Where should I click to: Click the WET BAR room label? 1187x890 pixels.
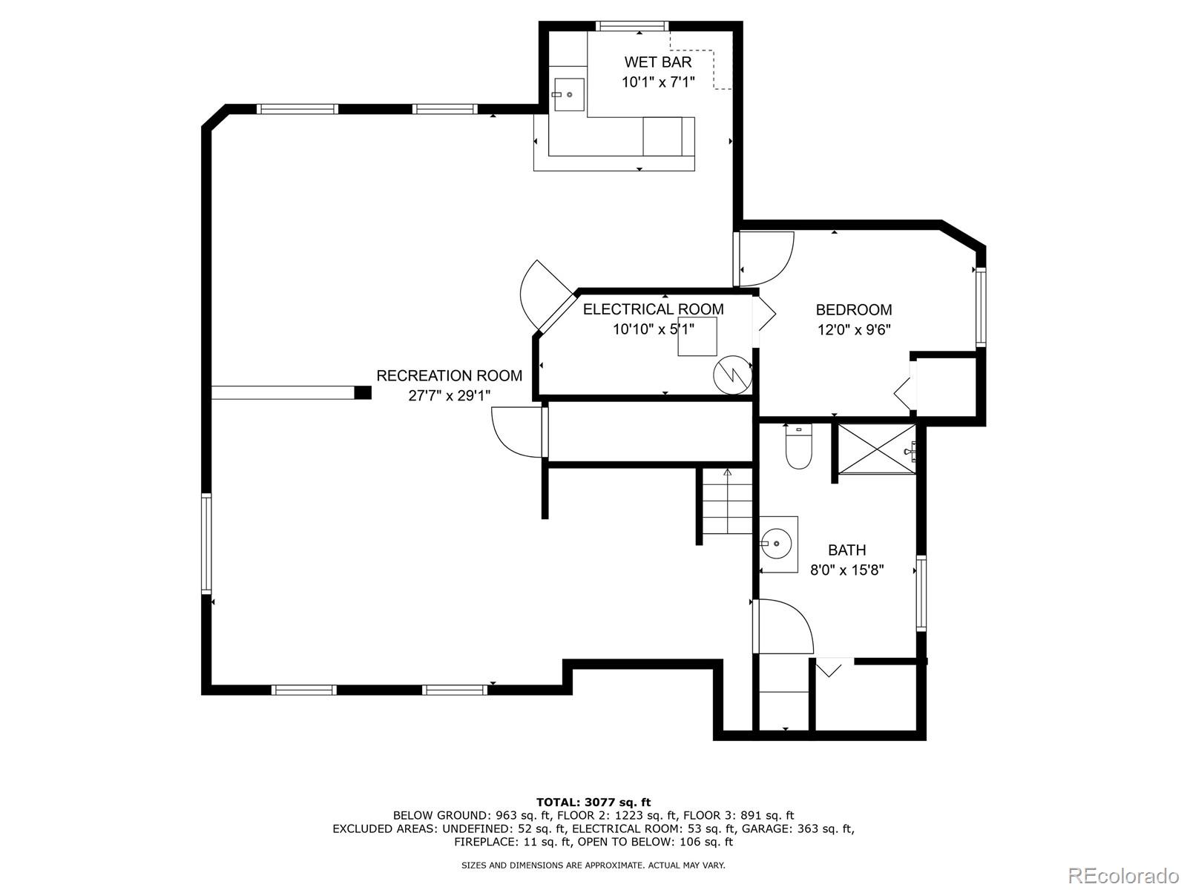657,62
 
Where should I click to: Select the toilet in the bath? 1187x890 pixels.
799,448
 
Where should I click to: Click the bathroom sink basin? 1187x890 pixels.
777,544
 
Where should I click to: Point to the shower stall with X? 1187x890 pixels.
876,449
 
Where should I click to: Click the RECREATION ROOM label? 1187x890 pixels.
449,376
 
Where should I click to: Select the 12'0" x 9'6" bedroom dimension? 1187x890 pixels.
853,330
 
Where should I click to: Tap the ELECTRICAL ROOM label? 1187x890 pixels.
653,309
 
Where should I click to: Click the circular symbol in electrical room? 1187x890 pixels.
732,375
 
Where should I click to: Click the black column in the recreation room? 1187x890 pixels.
363,392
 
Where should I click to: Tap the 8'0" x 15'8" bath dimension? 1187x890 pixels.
846,570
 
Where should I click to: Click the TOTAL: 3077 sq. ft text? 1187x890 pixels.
593,802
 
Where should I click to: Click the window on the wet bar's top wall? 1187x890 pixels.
631,27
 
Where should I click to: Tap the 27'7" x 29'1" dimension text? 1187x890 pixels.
449,396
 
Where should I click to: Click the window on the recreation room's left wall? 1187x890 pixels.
206,544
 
